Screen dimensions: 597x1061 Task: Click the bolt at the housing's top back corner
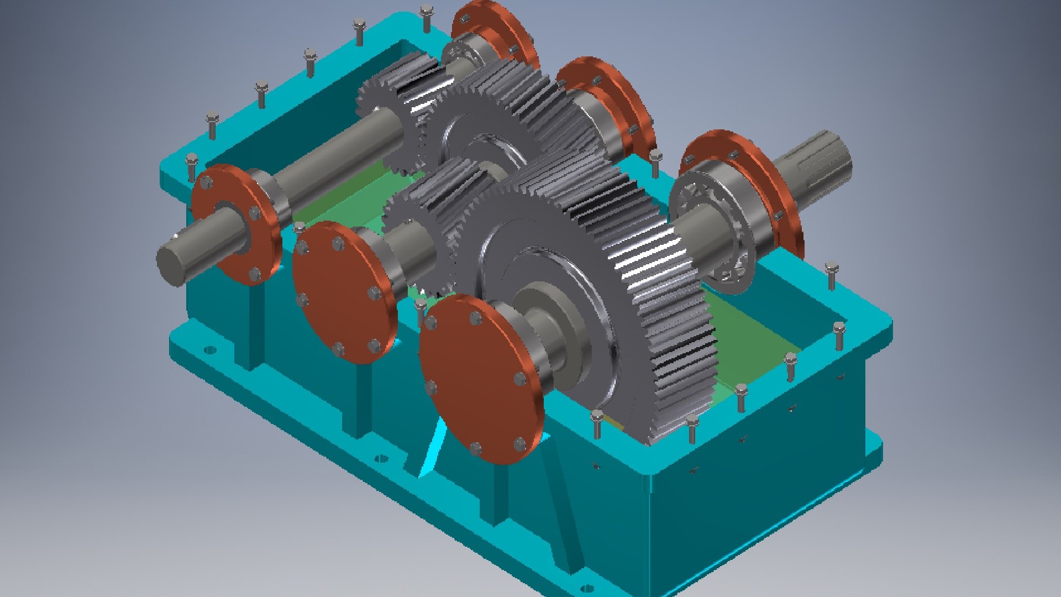pyautogui.click(x=426, y=17)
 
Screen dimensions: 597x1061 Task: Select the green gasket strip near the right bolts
pyautogui.click(x=757, y=343)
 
